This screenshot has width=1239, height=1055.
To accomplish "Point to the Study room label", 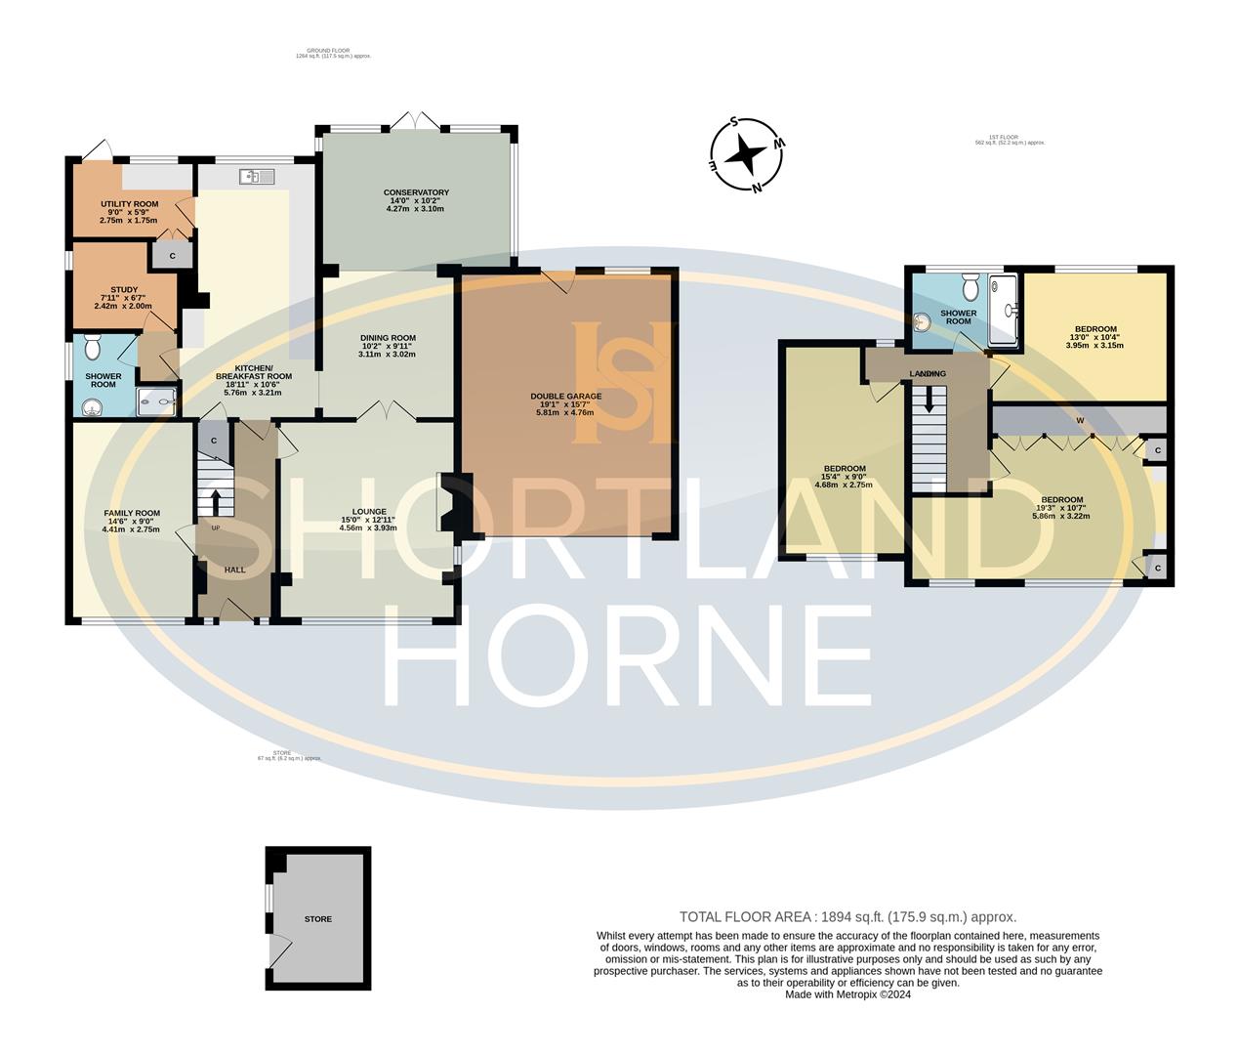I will coord(124,298).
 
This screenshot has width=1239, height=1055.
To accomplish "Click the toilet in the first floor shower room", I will coord(971,286).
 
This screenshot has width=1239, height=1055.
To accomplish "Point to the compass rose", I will coord(747,154).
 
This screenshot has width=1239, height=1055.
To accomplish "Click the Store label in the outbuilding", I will coord(318,919).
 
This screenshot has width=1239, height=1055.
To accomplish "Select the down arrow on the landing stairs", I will coord(929,398).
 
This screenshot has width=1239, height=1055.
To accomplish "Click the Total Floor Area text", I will coord(847,917).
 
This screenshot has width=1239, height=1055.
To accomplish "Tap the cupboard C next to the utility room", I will coord(172,256).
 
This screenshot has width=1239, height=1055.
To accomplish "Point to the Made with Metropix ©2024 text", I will coord(847,994).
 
